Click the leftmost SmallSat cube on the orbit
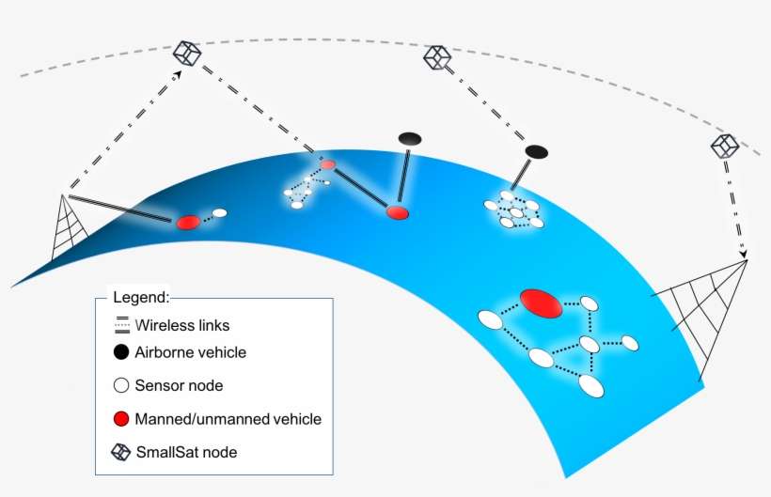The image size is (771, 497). [188, 54]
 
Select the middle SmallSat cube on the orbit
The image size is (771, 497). [437, 58]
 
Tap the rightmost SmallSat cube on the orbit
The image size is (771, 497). [724, 145]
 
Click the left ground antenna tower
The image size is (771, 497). [66, 228]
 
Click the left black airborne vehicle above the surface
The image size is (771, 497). [410, 138]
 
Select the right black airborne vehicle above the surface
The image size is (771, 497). [536, 150]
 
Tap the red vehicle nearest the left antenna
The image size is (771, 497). [187, 222]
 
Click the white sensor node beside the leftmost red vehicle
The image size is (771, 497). [220, 213]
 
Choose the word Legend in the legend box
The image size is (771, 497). [141, 297]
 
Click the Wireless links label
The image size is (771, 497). [182, 326]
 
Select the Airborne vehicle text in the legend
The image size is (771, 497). [191, 352]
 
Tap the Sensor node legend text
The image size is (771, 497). [180, 385]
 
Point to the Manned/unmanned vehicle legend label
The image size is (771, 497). [228, 419]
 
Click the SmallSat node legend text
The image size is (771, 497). [186, 452]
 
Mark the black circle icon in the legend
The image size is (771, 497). [120, 352]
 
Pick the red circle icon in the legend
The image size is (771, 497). [120, 418]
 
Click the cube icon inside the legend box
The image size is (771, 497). [120, 452]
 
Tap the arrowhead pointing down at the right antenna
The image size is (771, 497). [742, 254]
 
